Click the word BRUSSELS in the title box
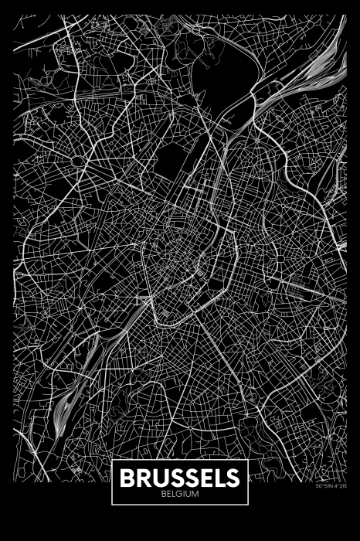[179, 478]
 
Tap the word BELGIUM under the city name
[179, 493]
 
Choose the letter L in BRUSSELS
[219, 478]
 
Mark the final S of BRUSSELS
[232, 478]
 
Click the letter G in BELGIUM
[178, 493]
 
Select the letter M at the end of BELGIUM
[195, 493]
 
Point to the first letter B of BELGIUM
[165, 493]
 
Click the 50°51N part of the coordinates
[322, 486]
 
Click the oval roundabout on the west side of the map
[79, 161]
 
